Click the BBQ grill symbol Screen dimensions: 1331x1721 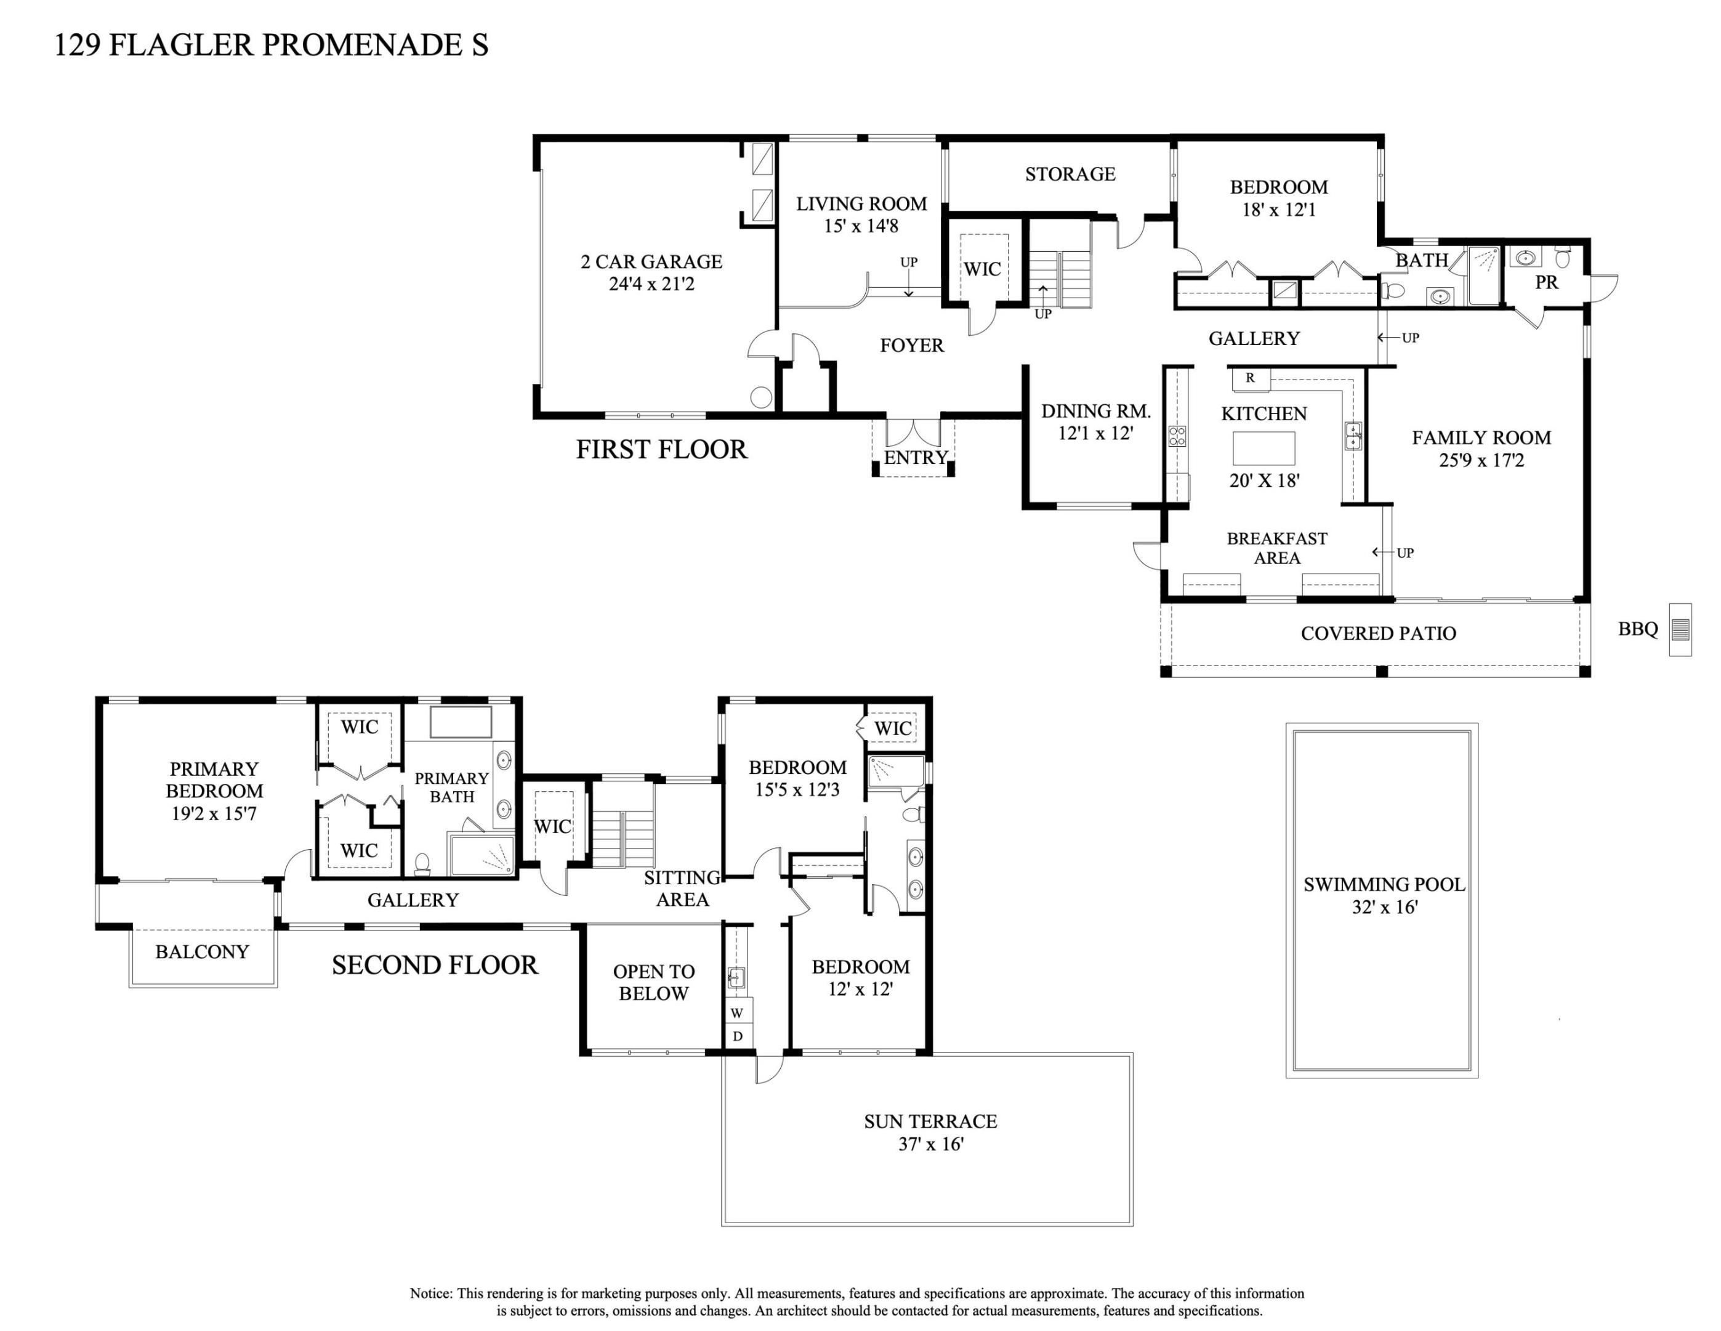point(1680,629)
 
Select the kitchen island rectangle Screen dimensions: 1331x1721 point(1263,448)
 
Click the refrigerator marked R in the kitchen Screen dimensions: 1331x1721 point(1251,378)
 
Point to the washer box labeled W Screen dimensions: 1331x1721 point(737,1012)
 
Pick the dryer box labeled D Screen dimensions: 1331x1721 point(738,1036)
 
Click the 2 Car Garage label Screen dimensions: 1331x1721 point(651,272)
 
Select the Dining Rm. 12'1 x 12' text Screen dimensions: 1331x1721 point(1095,422)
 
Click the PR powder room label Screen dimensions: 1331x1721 point(1546,282)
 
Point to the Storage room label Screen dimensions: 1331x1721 point(1070,174)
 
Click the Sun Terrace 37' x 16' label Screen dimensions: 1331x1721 point(930,1133)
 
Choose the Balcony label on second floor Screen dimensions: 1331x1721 point(202,952)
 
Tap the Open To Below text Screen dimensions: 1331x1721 point(653,982)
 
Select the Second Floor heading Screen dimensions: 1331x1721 point(434,965)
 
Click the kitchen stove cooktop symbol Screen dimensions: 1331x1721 point(1177,436)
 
